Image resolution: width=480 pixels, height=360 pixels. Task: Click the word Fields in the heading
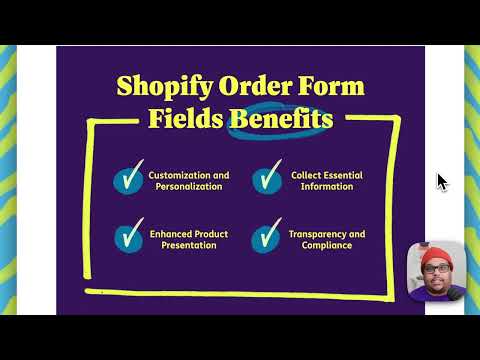point(186,120)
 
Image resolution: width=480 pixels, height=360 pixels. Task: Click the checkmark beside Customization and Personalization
point(128,181)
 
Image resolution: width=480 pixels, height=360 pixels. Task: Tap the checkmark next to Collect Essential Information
point(265,181)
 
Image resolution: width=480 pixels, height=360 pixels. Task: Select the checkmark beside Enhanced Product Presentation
point(128,238)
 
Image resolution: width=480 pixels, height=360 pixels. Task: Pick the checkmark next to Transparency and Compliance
point(265,238)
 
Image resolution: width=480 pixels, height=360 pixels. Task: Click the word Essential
point(342,175)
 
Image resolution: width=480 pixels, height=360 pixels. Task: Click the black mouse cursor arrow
point(442,181)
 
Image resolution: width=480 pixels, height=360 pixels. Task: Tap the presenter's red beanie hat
point(435,254)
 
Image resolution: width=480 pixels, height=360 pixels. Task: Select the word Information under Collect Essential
point(326,187)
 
